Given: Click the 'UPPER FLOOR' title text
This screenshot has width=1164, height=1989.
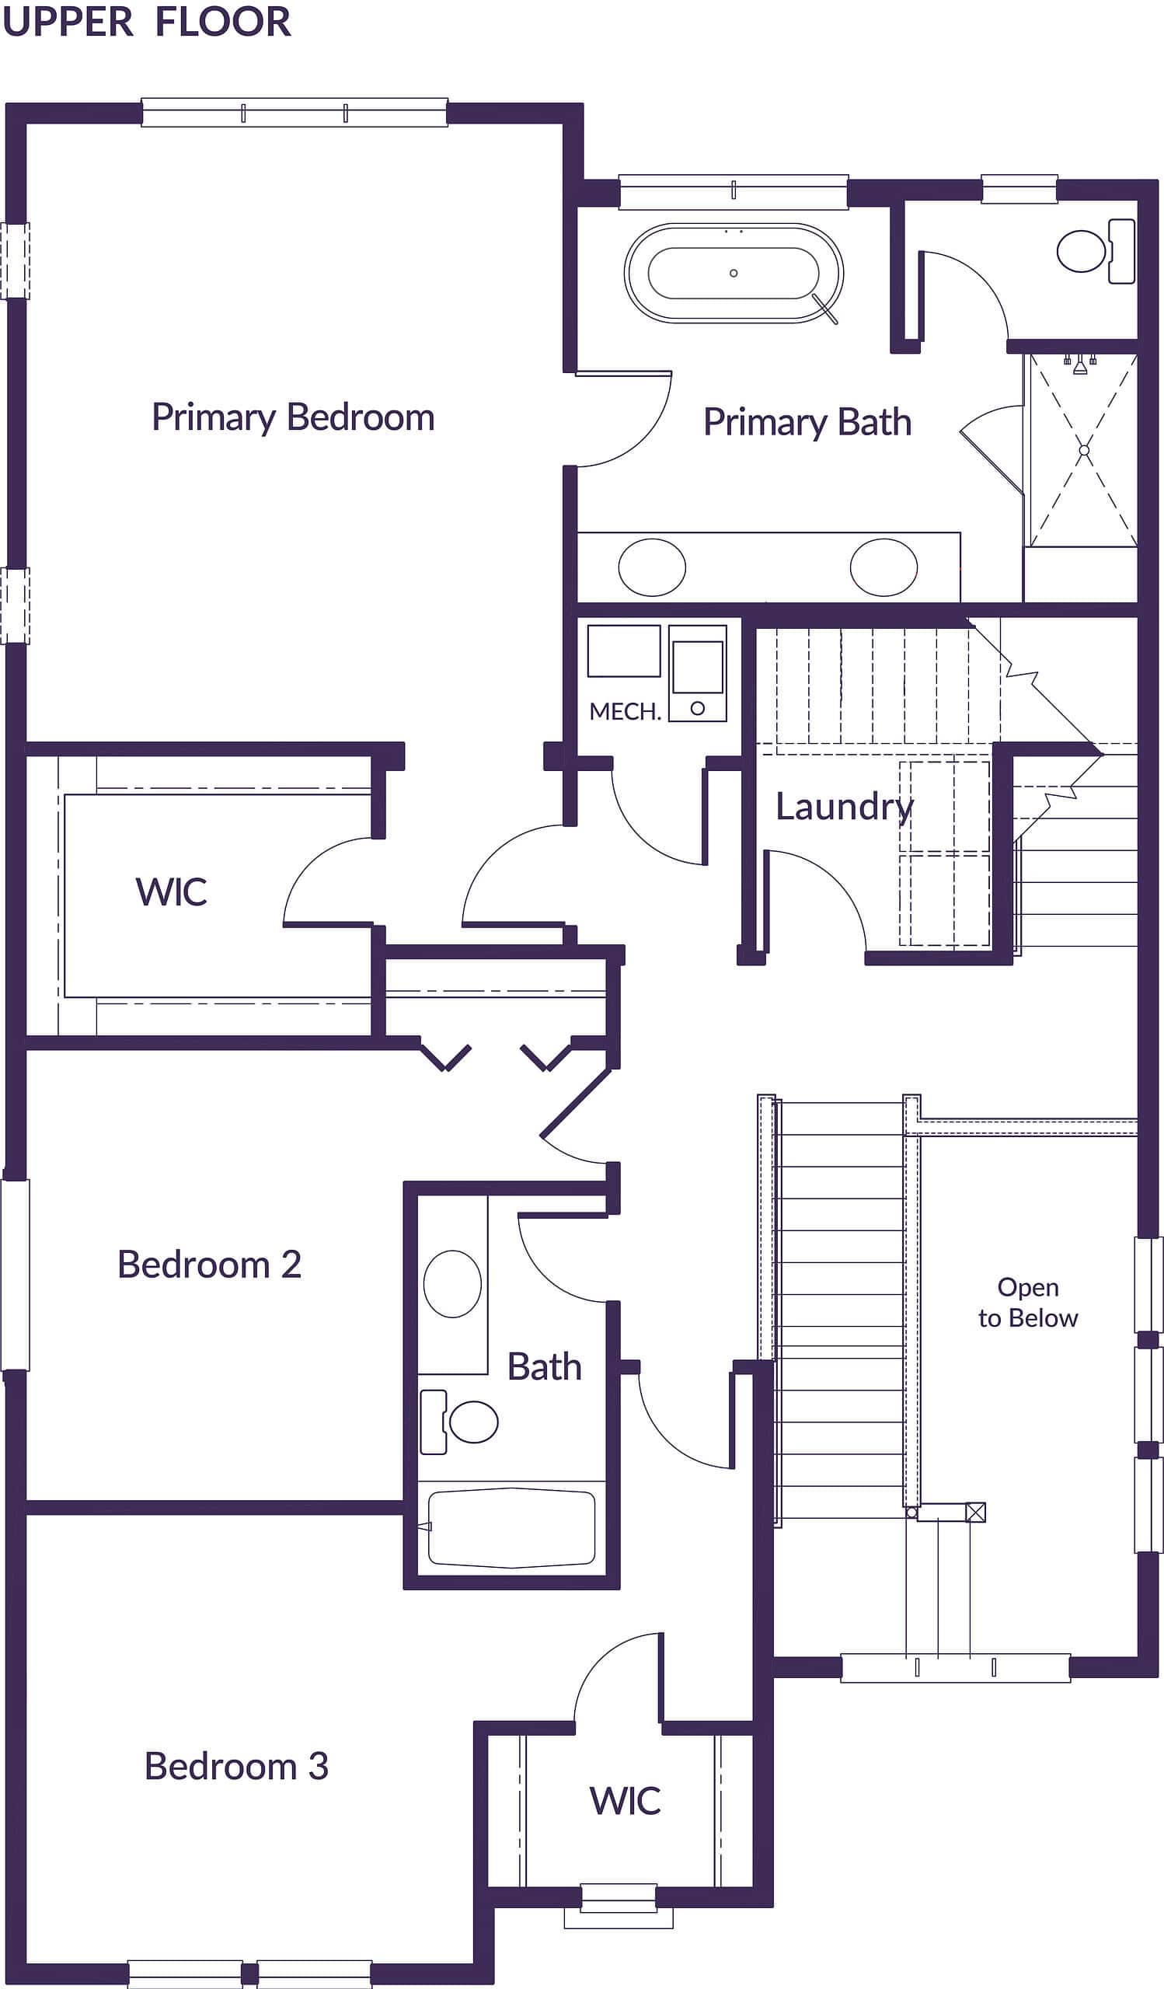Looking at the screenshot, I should [147, 21].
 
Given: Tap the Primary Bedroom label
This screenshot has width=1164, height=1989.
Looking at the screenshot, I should [293, 417].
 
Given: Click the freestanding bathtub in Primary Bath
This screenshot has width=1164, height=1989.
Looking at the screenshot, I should [733, 273].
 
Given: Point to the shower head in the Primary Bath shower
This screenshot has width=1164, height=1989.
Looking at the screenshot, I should [1079, 364].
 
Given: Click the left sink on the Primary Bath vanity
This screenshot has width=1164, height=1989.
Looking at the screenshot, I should [652, 567].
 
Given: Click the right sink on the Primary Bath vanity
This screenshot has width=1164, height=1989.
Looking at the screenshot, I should [883, 567].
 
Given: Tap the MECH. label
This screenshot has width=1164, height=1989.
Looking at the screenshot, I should [624, 711].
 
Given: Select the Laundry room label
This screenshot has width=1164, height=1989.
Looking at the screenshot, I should [844, 807].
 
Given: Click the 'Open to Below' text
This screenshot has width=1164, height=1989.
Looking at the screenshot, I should [1027, 1302].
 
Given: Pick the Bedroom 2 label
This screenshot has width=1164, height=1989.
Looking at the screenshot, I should [209, 1265].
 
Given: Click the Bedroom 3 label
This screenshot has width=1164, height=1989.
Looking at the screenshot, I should [236, 1766].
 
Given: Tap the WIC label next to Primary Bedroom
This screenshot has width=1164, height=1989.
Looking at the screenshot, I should [171, 892].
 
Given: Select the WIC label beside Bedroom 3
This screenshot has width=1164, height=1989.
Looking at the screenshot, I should [624, 1800].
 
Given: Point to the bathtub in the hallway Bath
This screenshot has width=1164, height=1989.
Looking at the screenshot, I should [511, 1527].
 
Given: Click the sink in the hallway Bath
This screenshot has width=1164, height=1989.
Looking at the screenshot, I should [452, 1283].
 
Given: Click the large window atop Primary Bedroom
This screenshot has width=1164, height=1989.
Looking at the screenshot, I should [294, 113].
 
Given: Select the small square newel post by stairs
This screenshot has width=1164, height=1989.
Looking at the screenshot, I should [975, 1513].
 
